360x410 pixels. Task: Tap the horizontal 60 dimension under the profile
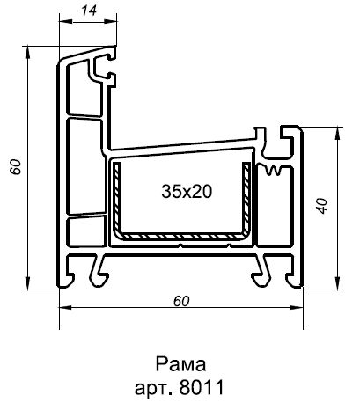pos(181,300)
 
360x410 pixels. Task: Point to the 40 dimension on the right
pos(324,206)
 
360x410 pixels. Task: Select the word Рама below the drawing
pos(179,364)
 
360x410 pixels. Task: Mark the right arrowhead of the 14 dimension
pos(112,21)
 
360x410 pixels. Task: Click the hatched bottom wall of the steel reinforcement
pos(180,237)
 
